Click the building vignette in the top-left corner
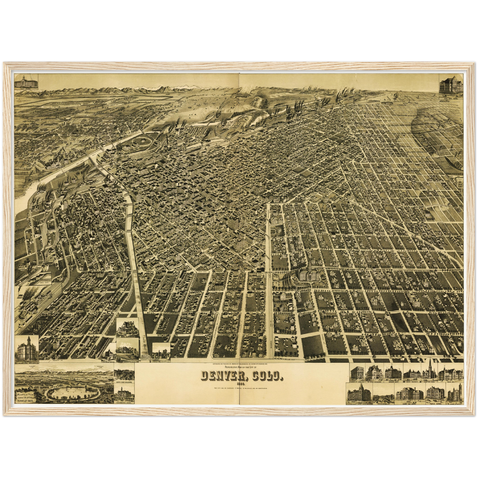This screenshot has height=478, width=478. pyautogui.click(x=26, y=82)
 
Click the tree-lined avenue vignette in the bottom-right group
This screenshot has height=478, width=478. pyautogui.click(x=384, y=394)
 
